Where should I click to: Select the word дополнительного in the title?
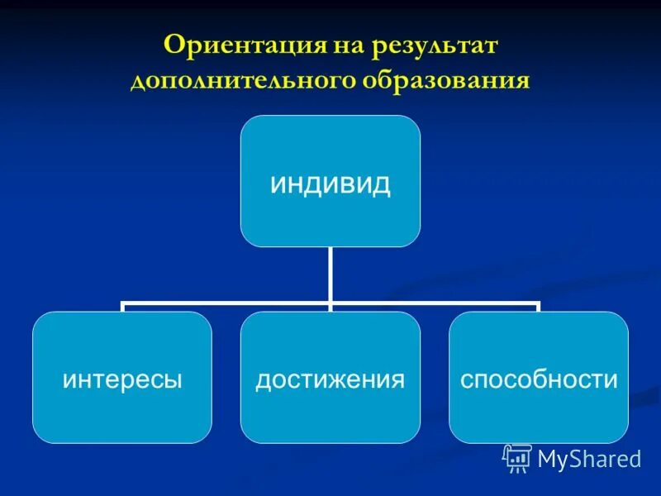tap(241, 82)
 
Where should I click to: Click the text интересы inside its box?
tap(122, 379)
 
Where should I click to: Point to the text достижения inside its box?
tap(330, 379)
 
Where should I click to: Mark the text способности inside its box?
tap(539, 379)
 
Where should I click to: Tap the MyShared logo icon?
tap(517, 458)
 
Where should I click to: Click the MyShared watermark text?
tap(588, 459)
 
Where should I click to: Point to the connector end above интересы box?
tap(122, 308)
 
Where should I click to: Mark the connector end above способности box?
tap(538, 308)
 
